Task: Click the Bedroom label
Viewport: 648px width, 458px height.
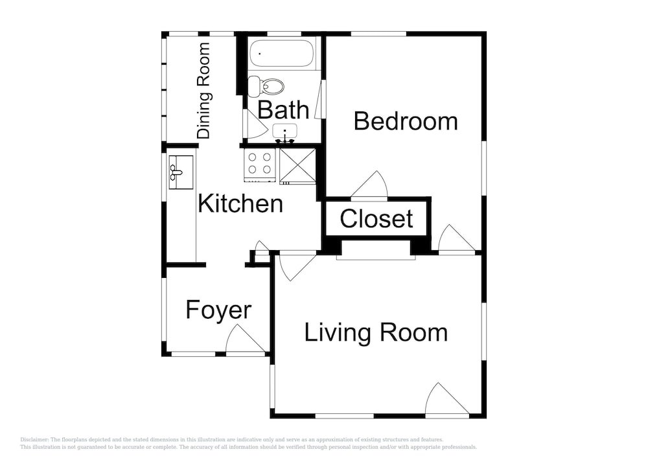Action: [406, 121]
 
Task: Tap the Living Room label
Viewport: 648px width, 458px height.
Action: [376, 333]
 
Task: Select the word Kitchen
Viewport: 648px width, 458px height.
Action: [240, 203]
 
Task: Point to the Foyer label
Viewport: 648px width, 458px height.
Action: [218, 310]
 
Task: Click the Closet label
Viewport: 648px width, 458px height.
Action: [376, 218]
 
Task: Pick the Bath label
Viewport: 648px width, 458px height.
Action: [283, 110]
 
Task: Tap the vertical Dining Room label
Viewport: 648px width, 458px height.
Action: [203, 91]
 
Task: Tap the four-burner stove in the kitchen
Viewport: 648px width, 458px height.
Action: [260, 166]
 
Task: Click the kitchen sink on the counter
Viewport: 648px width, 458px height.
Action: [181, 172]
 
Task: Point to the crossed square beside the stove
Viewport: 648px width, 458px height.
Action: [297, 166]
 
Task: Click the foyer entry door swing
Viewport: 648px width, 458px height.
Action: [246, 340]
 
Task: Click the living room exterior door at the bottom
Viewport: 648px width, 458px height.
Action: [447, 399]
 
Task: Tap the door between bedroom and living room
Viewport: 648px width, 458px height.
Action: [456, 238]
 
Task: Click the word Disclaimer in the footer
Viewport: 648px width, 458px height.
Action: [34, 440]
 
